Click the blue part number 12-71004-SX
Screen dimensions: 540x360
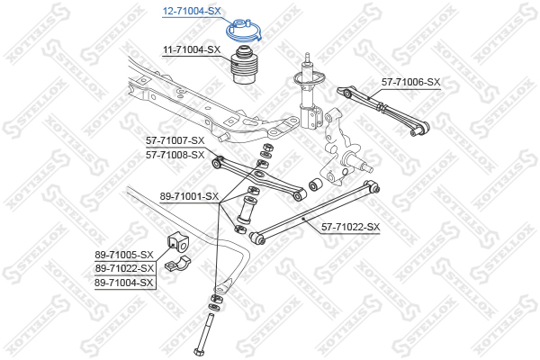click(192, 11)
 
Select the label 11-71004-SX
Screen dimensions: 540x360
click(192, 50)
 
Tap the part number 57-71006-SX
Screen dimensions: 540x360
click(411, 82)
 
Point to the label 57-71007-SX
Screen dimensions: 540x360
click(175, 140)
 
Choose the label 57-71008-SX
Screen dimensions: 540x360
click(175, 155)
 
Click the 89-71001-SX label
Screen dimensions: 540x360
click(189, 197)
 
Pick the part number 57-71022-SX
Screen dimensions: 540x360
click(351, 227)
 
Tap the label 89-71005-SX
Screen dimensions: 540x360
click(124, 255)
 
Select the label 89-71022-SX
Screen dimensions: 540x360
click(124, 268)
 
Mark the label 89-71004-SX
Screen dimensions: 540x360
click(123, 283)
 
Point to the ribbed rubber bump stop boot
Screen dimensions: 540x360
click(244, 65)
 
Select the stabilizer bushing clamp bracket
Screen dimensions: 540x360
click(177, 264)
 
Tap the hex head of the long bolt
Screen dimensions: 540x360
click(199, 352)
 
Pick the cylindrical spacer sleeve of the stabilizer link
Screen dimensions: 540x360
click(246, 209)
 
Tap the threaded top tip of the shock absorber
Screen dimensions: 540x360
click(308, 57)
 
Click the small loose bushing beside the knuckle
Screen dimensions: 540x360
click(315, 184)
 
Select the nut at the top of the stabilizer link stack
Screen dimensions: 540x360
click(267, 147)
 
